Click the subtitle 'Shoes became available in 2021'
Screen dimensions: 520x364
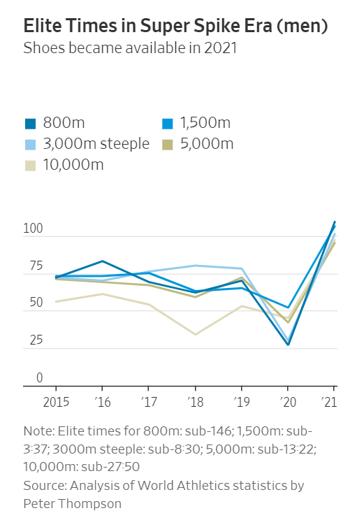(x=130, y=48)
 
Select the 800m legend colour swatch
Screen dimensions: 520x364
(x=31, y=124)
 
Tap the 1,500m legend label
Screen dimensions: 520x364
(x=205, y=124)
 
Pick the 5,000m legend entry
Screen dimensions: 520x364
(x=205, y=145)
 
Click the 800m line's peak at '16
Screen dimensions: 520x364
(x=102, y=261)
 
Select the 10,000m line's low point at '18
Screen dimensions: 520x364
(x=195, y=334)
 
